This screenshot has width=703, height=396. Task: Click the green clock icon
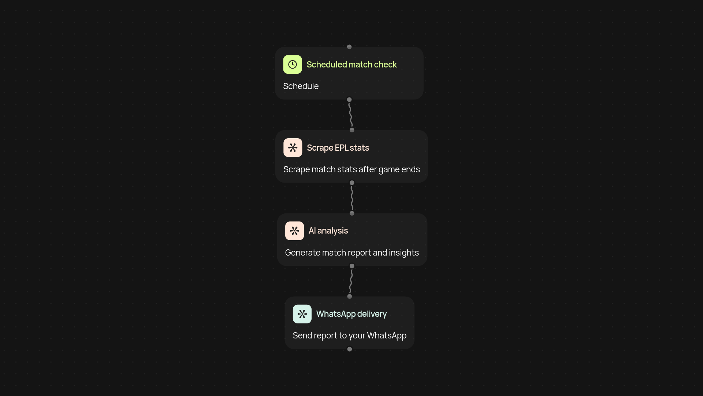[x=292, y=65]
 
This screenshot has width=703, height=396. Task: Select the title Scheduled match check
[x=351, y=65]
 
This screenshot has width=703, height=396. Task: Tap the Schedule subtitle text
[x=301, y=86]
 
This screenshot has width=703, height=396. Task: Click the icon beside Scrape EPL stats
[x=293, y=148]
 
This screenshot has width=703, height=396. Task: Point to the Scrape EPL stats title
[x=338, y=148]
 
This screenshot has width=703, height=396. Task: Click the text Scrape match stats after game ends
[x=351, y=169]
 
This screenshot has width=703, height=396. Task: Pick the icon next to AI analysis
[x=294, y=231]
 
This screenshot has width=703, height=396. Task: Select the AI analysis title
[x=328, y=231]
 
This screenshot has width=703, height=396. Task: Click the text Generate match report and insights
[x=352, y=253]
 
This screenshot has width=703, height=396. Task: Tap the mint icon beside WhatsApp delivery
[x=302, y=314]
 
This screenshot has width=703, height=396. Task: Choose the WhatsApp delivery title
[x=351, y=314]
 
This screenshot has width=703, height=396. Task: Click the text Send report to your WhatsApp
[x=350, y=336]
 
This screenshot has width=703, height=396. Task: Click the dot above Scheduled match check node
[x=349, y=47]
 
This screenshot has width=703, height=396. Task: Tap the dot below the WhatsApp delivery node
[x=350, y=349]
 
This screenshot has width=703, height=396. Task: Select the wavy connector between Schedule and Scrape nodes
[x=350, y=115]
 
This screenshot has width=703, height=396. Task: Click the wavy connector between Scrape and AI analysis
[x=352, y=198]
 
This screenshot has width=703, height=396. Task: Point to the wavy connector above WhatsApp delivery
[x=351, y=281]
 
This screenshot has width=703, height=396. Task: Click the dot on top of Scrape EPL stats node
[x=352, y=130]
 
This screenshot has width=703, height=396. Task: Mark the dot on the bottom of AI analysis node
[x=352, y=266]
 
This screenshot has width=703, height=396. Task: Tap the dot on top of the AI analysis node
[x=352, y=213]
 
